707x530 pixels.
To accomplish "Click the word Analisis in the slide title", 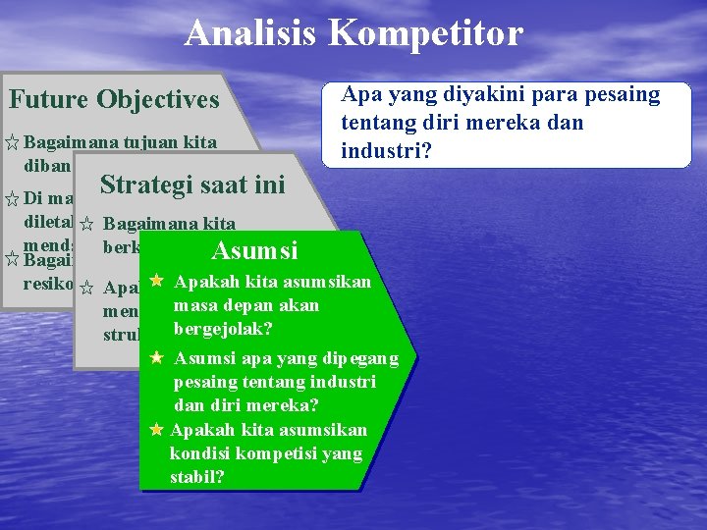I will click(251, 33).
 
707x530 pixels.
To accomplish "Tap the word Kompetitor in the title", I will click(426, 33).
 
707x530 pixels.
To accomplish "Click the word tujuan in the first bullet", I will click(146, 142).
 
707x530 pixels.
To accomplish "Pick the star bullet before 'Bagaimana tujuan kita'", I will click(12, 143).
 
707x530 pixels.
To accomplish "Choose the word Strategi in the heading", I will click(147, 185).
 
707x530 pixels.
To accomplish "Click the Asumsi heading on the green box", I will click(254, 250).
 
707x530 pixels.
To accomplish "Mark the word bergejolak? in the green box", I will click(223, 328).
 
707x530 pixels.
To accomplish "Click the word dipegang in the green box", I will click(357, 358).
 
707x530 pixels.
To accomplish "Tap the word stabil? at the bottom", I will click(197, 478).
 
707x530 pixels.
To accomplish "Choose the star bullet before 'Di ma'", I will click(12, 199).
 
